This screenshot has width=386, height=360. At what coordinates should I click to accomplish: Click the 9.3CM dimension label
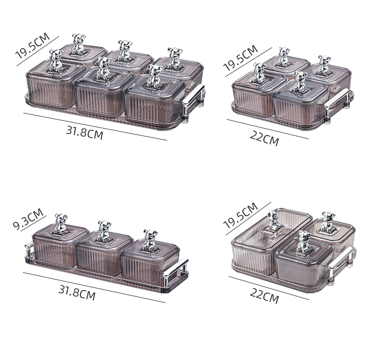[x=28, y=219]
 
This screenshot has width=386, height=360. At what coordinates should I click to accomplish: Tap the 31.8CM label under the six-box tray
[x=85, y=134]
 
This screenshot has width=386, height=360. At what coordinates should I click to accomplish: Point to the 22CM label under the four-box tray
[x=265, y=138]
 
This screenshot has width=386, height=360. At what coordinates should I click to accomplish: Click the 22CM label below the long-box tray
[x=265, y=296]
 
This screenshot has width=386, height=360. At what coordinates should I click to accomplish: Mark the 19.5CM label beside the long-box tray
[x=240, y=215]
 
